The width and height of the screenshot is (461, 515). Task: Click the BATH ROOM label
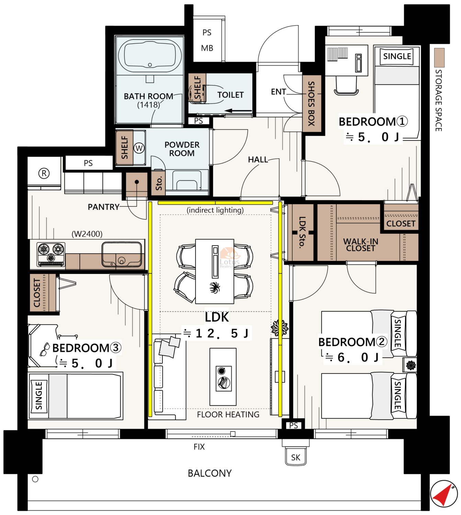pos(148,96)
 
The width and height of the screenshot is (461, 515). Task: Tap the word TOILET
pos(230,95)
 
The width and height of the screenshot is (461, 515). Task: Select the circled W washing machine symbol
pos(139,148)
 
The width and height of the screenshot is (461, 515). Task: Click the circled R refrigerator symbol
pos(44,174)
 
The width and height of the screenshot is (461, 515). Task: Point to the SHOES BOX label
pos(312,103)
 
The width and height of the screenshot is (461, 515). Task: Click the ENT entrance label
pos(278,92)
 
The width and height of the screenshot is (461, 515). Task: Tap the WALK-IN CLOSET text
pos(360,244)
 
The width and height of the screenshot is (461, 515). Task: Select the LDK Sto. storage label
pos(302,232)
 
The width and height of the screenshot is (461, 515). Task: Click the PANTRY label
pos(103,207)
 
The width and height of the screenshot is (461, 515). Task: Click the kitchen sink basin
pos(122,254)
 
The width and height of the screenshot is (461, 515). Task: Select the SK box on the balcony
pos(296,458)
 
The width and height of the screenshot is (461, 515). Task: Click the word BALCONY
pos(210,473)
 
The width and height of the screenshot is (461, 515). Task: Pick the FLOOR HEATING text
pos(228,415)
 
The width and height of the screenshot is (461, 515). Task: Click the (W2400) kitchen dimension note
pos(87,234)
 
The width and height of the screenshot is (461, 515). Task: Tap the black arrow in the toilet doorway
pos(238,111)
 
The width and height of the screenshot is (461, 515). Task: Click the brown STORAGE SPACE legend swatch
pos(439,58)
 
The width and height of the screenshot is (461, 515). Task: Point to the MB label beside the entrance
pos(207,48)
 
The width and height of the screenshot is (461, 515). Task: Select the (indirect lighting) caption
pos(215,210)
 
